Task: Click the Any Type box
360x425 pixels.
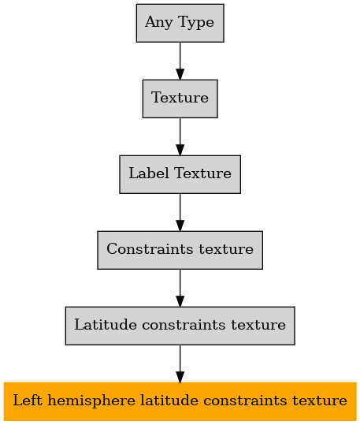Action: tap(180, 23)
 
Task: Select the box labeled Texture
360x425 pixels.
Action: tap(180, 99)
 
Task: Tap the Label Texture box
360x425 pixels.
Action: tap(180, 174)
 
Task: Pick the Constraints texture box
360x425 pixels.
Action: tap(180, 250)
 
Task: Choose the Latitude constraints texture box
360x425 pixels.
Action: tap(180, 326)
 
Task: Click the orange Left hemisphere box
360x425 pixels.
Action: tap(180, 401)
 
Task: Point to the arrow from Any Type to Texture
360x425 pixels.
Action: tap(180, 61)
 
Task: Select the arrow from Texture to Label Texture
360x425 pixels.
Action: tap(180, 136)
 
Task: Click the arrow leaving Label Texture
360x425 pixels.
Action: tap(180, 213)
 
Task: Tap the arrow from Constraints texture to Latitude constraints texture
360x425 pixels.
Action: tap(180, 288)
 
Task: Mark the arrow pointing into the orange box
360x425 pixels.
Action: tap(180, 363)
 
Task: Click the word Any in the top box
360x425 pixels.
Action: tap(158, 23)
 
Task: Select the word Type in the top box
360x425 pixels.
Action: tap(196, 23)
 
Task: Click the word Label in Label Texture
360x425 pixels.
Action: tap(149, 173)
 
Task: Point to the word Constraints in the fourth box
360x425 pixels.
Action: tap(150, 249)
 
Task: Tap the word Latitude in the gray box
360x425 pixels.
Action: tap(106, 324)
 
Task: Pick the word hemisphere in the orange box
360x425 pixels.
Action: tap(91, 401)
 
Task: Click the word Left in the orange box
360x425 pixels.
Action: tap(28, 401)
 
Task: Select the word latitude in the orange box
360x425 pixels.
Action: tap(169, 401)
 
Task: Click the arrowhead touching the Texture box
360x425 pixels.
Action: tap(180, 75)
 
